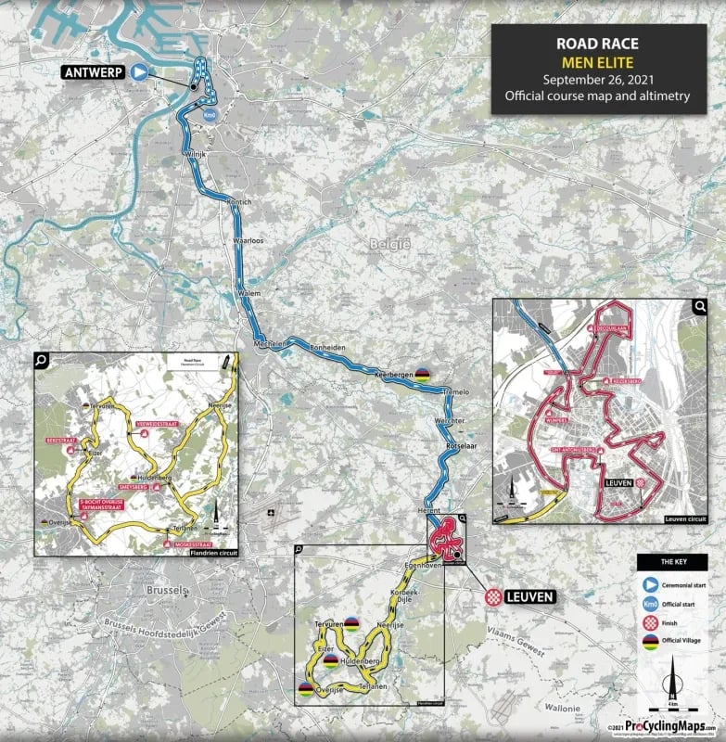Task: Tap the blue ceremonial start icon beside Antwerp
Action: click(139, 72)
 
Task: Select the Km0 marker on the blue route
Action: click(210, 115)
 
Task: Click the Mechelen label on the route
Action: click(272, 341)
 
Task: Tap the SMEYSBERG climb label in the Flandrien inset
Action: click(134, 485)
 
